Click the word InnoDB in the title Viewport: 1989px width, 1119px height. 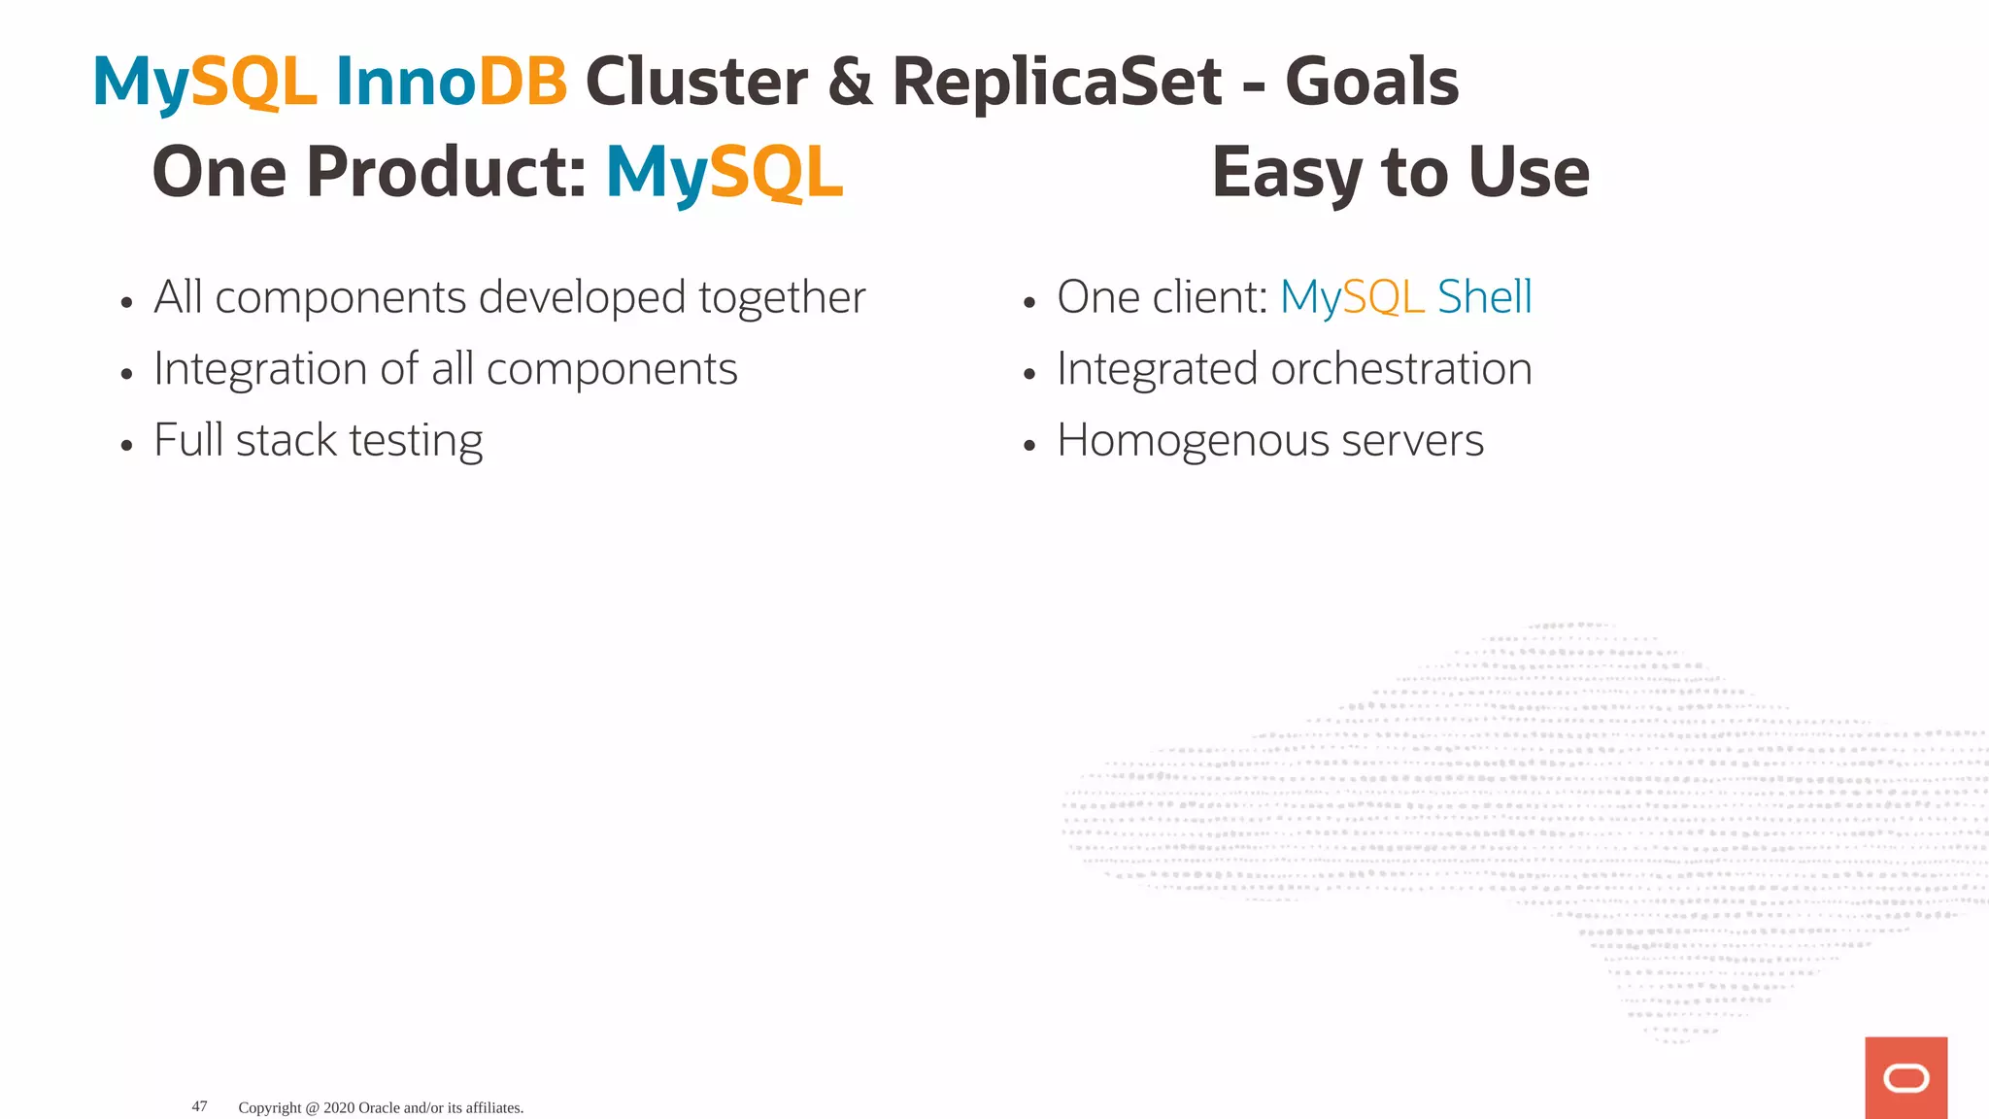(451, 82)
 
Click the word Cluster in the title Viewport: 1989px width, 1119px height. (696, 82)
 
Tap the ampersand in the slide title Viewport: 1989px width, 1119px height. (851, 82)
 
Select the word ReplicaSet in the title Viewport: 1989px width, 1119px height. (1056, 82)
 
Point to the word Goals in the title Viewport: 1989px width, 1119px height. (1371, 82)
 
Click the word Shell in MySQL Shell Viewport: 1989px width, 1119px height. (1484, 297)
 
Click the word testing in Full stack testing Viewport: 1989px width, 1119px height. (416, 442)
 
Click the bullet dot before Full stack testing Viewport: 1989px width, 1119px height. (126, 446)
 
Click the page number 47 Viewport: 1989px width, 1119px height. (199, 1106)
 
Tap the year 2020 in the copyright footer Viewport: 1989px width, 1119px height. (339, 1108)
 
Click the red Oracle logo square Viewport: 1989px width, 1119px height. (1905, 1077)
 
